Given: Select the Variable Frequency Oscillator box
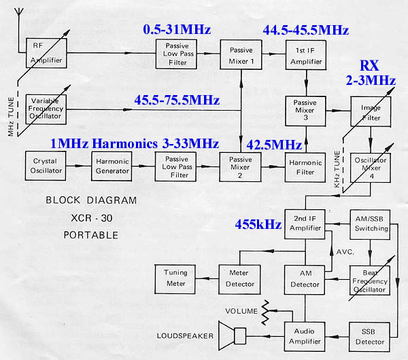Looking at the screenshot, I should point(48,107).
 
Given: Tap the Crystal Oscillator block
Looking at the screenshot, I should point(45,165).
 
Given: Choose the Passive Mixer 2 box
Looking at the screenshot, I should point(241,165).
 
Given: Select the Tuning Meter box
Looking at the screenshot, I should point(175,278).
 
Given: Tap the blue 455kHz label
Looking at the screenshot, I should point(258,224).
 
